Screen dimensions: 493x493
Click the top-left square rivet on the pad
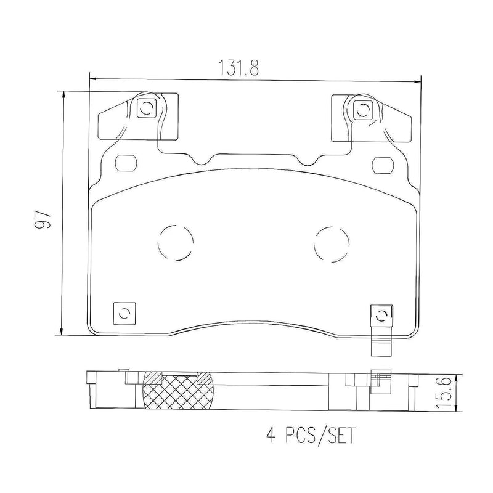pos(147,110)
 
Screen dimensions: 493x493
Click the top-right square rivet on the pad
pos(362,110)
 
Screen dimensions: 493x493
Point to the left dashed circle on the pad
pos(176,242)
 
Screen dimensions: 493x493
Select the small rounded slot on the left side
pos(126,163)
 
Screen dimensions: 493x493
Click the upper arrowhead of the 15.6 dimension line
pos(455,376)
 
